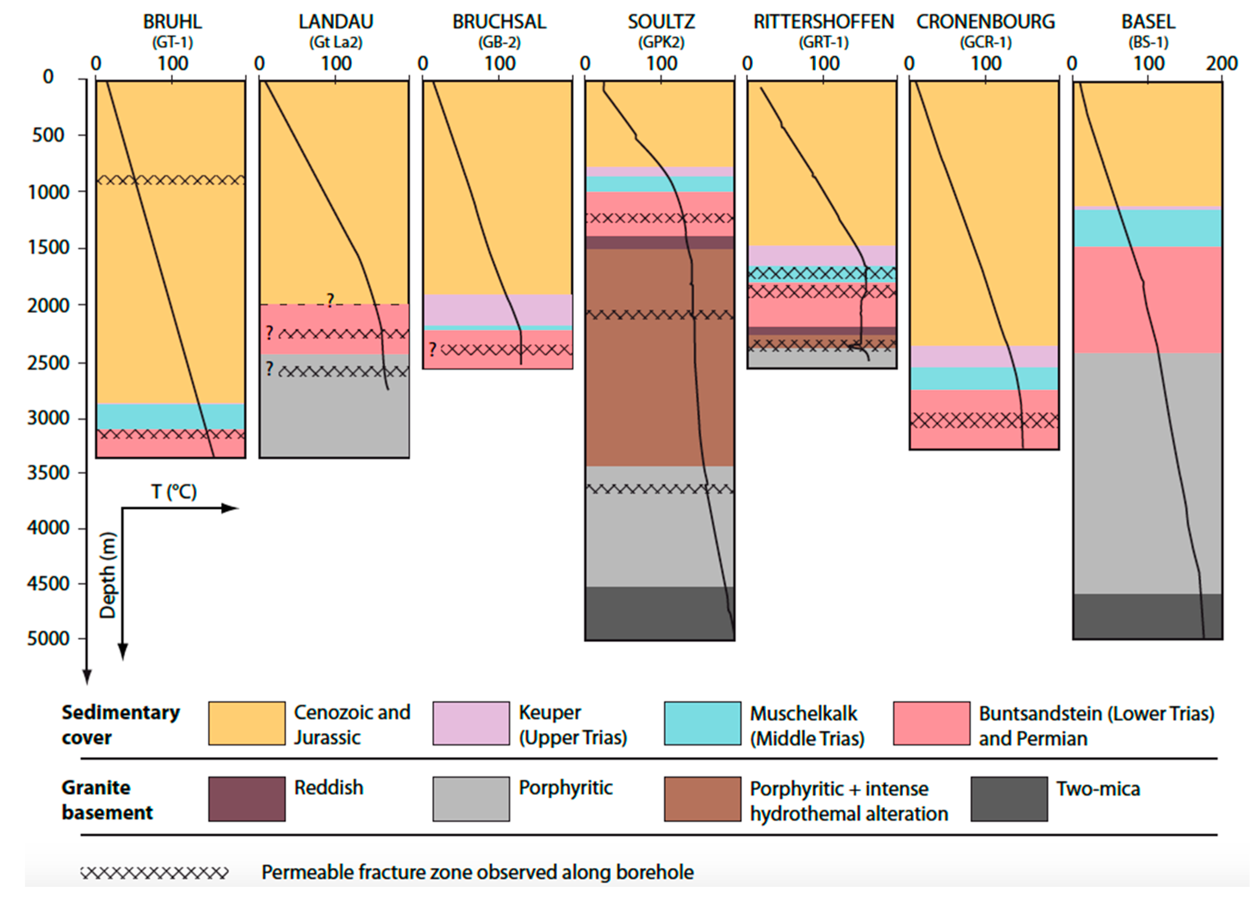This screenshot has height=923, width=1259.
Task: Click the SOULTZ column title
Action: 661,22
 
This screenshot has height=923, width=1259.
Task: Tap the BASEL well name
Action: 1149,22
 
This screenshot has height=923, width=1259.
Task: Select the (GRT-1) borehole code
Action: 823,42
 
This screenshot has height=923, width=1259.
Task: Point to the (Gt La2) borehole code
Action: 336,42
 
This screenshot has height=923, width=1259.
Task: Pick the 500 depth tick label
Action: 48,135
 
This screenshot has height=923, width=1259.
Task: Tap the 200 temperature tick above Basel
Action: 1222,64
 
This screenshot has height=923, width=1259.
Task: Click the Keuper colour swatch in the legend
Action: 471,723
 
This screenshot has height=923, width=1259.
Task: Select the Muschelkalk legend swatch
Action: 703,723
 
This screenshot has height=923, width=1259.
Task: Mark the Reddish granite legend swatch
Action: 247,799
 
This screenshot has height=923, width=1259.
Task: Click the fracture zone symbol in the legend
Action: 154,872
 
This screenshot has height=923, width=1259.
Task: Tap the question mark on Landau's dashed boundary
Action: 330,301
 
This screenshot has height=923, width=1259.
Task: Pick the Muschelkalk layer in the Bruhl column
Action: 170,416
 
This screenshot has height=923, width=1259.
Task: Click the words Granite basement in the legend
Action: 106,799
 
